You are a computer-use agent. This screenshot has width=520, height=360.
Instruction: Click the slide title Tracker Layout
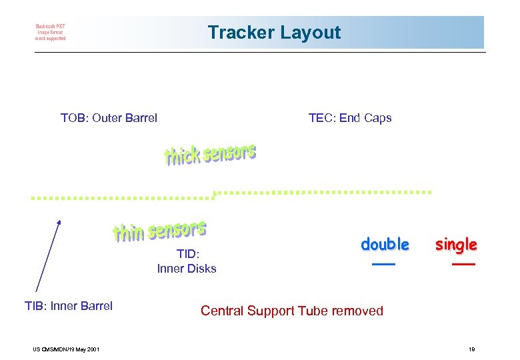tap(274, 33)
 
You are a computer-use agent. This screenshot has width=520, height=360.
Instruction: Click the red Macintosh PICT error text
tap(51, 33)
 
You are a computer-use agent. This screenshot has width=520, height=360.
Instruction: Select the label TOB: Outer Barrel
tap(109, 119)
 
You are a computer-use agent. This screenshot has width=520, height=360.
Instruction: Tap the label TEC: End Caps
tap(350, 119)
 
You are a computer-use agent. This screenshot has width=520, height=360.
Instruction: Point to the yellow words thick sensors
tap(210, 155)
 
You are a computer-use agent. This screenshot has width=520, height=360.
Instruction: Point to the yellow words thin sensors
tap(159, 231)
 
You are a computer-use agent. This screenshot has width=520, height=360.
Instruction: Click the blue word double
tap(385, 245)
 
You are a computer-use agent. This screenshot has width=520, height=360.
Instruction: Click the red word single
tap(456, 245)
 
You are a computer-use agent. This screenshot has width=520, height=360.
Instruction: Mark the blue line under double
tap(384, 265)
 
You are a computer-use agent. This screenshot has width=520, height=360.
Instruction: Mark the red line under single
tap(463, 265)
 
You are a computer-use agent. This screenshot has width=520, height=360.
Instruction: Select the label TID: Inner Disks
tap(187, 261)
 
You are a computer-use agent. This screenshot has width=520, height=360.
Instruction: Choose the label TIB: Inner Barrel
tap(69, 306)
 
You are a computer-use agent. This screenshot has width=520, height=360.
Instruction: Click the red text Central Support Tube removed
tap(292, 311)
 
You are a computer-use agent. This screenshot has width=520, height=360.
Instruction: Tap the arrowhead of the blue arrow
tap(59, 222)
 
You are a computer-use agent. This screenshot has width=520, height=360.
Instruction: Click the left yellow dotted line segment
tap(123, 198)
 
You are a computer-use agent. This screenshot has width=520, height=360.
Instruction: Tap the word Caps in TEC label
tap(378, 119)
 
